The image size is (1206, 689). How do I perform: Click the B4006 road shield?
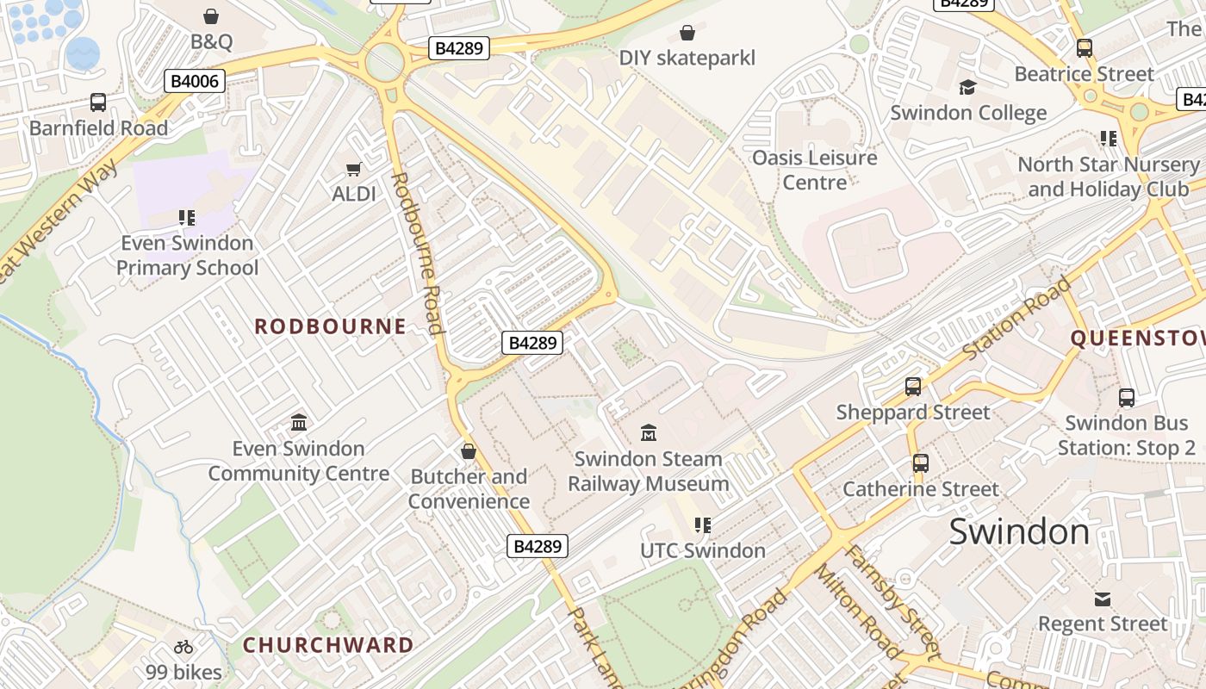(x=195, y=82)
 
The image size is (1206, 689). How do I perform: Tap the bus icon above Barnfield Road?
(x=98, y=102)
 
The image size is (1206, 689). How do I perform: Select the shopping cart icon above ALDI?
(x=353, y=169)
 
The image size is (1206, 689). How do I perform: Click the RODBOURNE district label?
(x=331, y=326)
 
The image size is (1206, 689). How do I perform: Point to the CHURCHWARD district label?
(x=328, y=645)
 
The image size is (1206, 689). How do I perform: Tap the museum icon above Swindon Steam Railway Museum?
(x=649, y=432)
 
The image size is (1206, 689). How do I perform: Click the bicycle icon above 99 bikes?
(x=183, y=647)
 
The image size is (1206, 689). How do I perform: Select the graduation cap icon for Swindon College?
(x=967, y=87)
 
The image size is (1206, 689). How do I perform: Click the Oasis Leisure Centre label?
(x=814, y=170)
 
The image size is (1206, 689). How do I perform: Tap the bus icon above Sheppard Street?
(x=913, y=387)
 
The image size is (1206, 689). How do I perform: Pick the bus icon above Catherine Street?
(x=920, y=463)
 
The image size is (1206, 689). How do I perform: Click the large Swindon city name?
(x=1019, y=532)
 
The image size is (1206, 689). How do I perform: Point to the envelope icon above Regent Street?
(x=1103, y=599)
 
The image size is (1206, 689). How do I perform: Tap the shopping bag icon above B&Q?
(x=211, y=16)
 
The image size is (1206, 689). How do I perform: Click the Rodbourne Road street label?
(x=417, y=252)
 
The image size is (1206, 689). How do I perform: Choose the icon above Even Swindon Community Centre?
(x=299, y=422)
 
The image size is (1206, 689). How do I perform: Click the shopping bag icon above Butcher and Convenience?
(x=469, y=451)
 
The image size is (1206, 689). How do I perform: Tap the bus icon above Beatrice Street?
(x=1084, y=48)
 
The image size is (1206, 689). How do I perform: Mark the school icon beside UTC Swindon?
(x=702, y=525)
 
